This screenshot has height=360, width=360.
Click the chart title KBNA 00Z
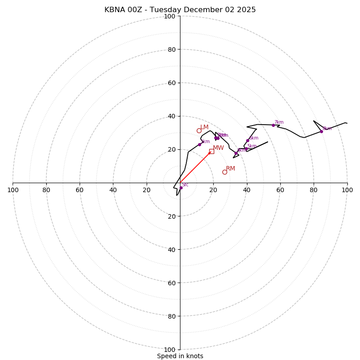180,10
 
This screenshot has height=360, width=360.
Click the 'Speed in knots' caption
180,356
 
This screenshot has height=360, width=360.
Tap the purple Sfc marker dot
181,188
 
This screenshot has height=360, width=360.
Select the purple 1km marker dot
199,144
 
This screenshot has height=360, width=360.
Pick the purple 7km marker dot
273,125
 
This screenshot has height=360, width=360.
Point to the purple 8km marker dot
321,131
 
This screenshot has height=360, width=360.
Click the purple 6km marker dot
247,140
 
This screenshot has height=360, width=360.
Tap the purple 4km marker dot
236,153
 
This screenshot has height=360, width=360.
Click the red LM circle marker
199,131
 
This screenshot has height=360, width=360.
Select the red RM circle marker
225,172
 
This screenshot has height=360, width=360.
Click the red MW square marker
211,151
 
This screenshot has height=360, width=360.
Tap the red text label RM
230,169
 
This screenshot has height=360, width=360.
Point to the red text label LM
204,127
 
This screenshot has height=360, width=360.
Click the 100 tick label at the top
170,16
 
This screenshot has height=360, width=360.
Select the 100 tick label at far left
13,190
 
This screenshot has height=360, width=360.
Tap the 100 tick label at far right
347,190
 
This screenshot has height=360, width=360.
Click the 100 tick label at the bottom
170,350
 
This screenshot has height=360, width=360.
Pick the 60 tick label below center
171,283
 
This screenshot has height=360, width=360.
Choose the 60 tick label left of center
80,190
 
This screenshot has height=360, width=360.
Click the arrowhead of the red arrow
210,153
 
